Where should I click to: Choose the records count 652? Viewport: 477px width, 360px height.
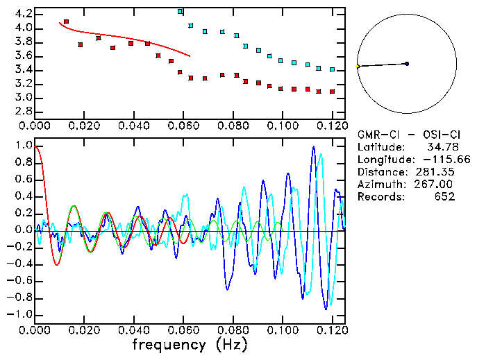444,197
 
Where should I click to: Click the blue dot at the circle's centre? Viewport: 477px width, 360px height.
407,64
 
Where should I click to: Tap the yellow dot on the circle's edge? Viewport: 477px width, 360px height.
358,67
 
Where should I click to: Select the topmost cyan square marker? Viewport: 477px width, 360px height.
181,12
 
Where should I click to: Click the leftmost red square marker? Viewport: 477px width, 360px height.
66,22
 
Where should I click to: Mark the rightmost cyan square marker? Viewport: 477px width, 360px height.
333,69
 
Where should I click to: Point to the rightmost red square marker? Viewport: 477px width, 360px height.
333,92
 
